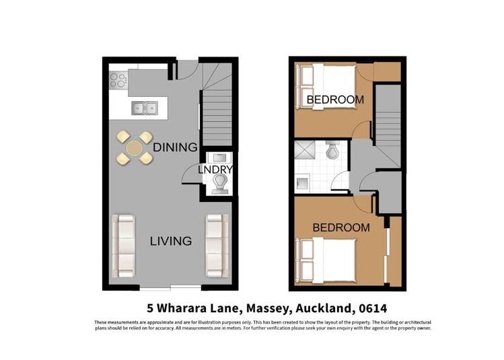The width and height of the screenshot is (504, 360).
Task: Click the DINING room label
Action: pos(175,147)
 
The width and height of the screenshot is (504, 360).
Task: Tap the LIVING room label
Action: pos(171,241)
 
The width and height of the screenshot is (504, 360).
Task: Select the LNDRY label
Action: pos(215,170)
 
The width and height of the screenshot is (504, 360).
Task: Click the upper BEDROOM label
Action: pos(335,100)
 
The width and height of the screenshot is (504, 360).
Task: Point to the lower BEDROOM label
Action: pos(340,227)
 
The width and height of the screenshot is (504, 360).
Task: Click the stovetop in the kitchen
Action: pos(118,80)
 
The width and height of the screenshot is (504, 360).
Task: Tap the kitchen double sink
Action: pos(145,107)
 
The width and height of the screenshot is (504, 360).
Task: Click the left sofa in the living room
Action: pos(124,245)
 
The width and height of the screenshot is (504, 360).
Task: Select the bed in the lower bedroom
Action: pos(330,258)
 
